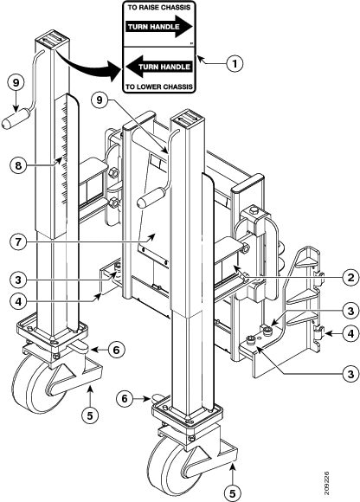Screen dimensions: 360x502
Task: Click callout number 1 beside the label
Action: point(235,64)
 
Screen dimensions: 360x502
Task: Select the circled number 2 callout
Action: point(351,277)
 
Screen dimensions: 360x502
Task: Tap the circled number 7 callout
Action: point(18,241)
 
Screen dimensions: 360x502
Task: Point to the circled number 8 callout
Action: point(18,165)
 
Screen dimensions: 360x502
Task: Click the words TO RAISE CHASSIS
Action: point(159,8)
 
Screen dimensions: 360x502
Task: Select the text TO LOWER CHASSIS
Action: point(159,87)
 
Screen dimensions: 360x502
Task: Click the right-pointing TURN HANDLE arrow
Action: point(159,27)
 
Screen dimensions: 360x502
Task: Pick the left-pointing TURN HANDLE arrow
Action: point(159,67)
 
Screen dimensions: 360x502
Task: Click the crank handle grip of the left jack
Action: point(16,119)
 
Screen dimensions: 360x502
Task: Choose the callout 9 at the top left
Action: point(16,82)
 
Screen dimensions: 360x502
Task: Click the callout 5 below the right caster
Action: point(232,493)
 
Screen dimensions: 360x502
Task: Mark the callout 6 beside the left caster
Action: point(116,351)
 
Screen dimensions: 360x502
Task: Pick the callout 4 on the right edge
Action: point(351,333)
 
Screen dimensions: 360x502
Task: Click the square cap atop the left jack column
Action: point(52,39)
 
